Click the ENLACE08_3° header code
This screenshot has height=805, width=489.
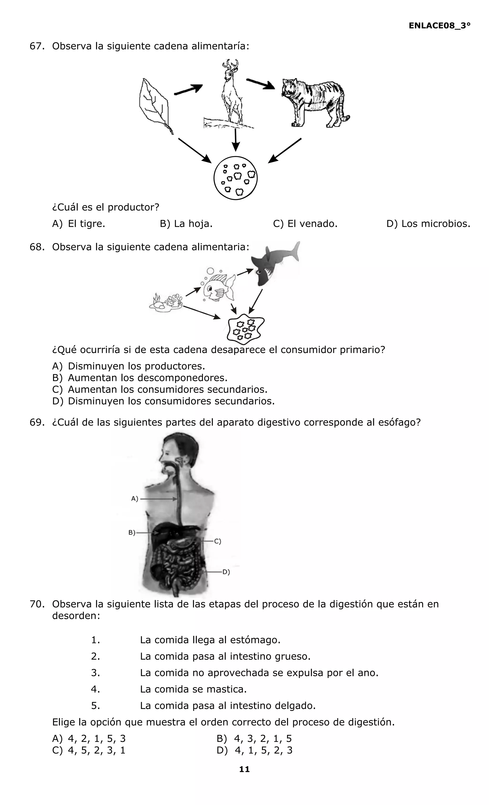pos(439,26)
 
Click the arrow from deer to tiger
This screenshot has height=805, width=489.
pos(260,84)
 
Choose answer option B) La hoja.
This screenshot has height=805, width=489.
pos(186,224)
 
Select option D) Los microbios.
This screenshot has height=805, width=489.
pos(428,224)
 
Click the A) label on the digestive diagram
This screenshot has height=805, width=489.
pos(135,499)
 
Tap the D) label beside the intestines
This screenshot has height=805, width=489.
pos(226,572)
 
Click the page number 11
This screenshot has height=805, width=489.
pos(244,769)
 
